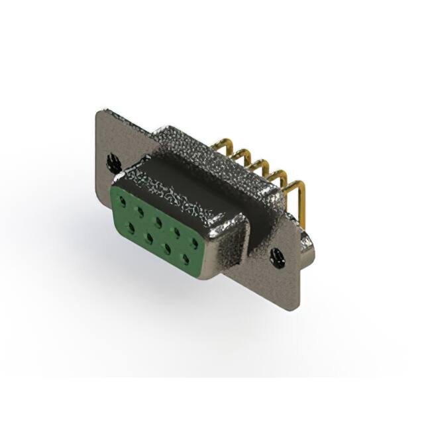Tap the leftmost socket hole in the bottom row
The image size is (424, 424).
point(131,227)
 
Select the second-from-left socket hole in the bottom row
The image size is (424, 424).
point(149,236)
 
